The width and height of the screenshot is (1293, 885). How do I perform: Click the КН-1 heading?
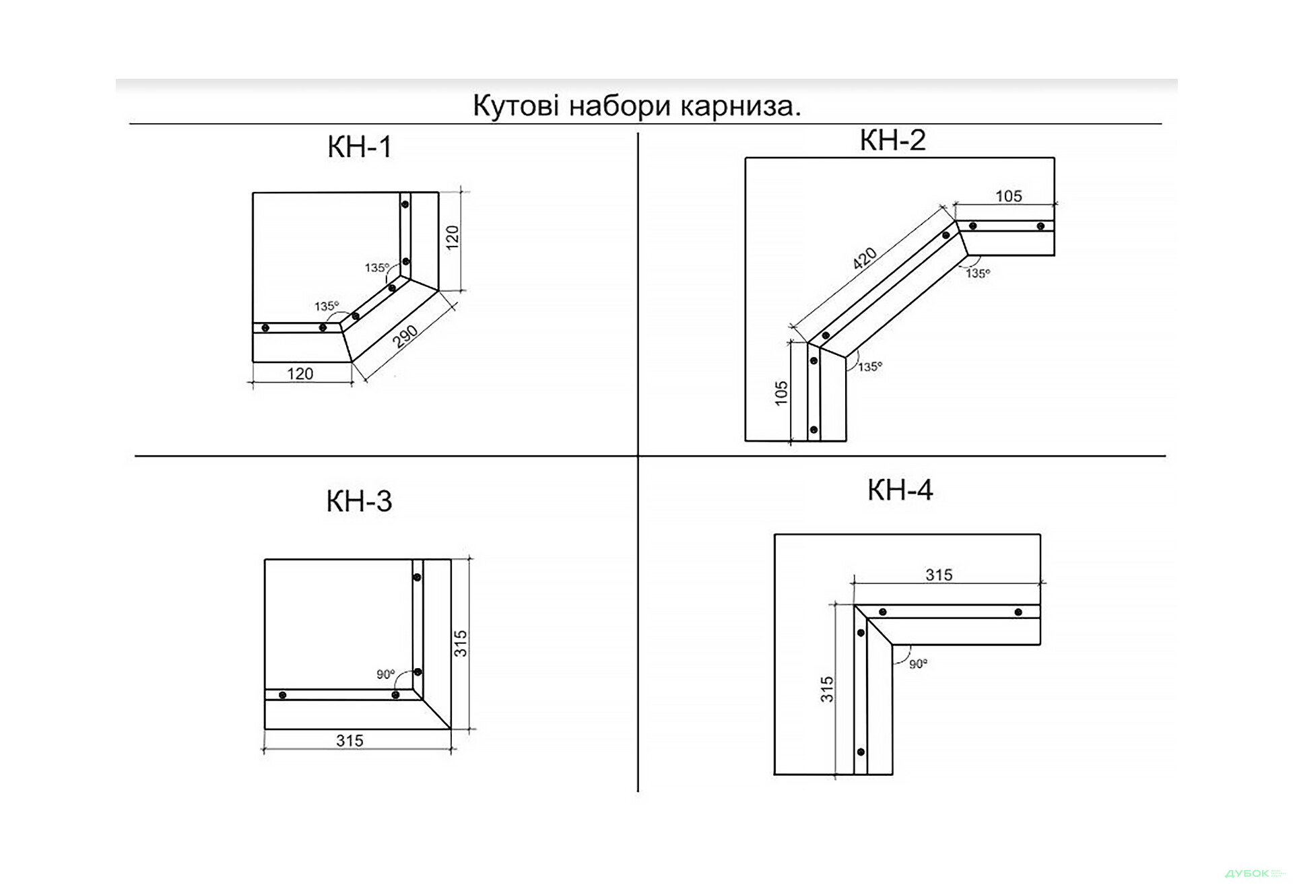(x=360, y=147)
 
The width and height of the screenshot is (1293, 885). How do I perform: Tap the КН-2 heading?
(x=892, y=141)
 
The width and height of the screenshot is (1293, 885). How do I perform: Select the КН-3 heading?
(x=359, y=502)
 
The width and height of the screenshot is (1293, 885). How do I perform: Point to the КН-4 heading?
(x=900, y=490)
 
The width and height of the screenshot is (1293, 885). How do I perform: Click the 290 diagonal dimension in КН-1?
(x=405, y=337)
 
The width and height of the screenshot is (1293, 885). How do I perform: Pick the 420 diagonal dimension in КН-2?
(x=865, y=259)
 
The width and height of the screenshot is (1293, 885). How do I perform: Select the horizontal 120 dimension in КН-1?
(x=300, y=374)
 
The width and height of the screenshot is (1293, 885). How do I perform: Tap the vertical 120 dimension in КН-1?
(x=453, y=238)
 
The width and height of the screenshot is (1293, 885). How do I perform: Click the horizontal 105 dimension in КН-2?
(x=1008, y=196)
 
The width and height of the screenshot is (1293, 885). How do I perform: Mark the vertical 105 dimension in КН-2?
(x=781, y=393)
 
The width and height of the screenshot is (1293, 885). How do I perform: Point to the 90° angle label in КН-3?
(x=386, y=674)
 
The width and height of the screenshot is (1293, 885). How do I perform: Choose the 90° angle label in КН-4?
(x=918, y=664)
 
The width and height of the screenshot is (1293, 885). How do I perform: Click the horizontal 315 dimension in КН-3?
(x=350, y=741)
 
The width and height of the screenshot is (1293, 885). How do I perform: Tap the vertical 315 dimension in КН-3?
(x=461, y=643)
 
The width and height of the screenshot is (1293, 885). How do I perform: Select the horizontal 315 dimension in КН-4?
(x=939, y=575)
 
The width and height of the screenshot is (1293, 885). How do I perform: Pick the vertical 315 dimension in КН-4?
(x=827, y=690)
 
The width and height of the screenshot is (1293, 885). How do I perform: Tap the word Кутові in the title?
(x=516, y=106)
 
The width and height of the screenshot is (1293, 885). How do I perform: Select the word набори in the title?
(x=620, y=106)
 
